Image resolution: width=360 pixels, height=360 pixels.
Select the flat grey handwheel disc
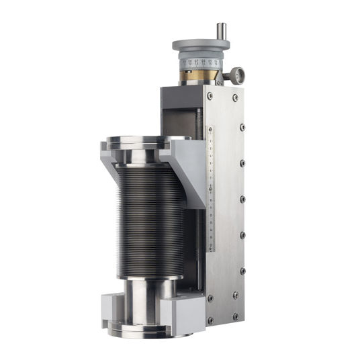(201, 46)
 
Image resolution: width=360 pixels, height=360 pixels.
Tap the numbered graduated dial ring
(200, 63)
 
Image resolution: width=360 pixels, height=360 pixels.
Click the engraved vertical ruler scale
(210, 188)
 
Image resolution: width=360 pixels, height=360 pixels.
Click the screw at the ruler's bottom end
(210, 249)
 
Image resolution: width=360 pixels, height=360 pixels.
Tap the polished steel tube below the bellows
(144, 299)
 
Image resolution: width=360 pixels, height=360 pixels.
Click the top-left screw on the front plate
(210, 97)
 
